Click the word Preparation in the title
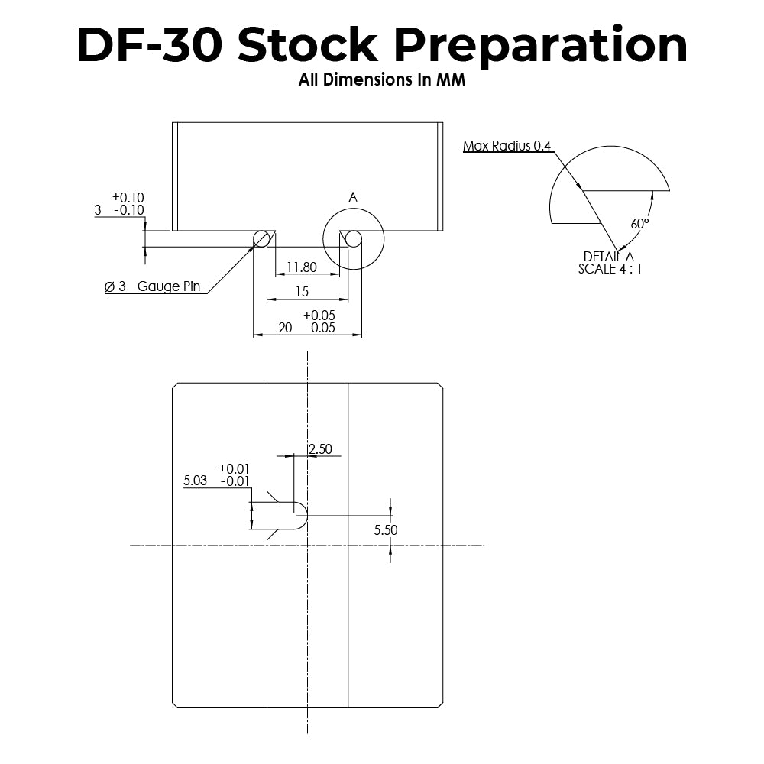point(541,46)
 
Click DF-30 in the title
point(150,46)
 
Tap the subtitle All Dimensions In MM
point(382,80)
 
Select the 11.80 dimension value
point(301,267)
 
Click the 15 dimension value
point(302,292)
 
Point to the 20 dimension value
point(285,327)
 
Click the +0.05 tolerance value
point(319,315)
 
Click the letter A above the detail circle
point(353,197)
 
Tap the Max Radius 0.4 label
point(507,146)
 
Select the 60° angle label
point(639,224)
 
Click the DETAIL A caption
point(608,257)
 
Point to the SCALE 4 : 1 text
point(610,269)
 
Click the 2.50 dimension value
point(320,449)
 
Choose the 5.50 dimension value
point(386,529)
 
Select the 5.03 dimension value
point(196,481)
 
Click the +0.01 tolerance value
point(234,468)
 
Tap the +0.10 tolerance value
point(128,197)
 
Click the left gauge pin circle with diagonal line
point(261,239)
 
